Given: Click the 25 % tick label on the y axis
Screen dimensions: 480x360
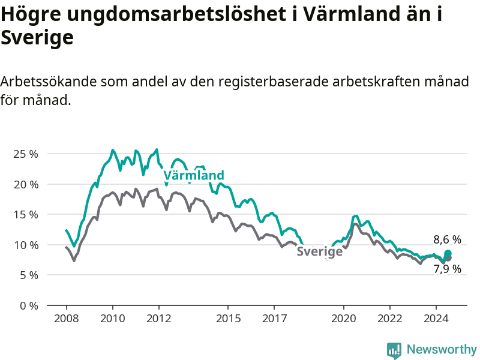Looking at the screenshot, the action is tap(26, 154).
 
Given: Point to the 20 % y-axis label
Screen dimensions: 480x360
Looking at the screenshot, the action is tap(26, 184).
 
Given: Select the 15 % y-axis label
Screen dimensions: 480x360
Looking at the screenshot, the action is tap(26, 215).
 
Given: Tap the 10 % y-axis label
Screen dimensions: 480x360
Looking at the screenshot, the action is tap(26, 245).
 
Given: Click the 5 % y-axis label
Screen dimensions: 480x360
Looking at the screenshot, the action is tap(29, 275).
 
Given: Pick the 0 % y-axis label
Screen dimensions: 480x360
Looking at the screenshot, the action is tap(29, 305).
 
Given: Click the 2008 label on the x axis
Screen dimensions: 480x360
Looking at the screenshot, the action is tap(67, 319).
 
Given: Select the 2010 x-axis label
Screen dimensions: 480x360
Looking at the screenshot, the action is tap(113, 319).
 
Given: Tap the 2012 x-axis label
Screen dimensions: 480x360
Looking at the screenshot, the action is tap(159, 319).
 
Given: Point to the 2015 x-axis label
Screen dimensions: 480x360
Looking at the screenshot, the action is tap(229, 319).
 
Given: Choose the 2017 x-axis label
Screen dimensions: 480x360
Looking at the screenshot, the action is tap(275, 319).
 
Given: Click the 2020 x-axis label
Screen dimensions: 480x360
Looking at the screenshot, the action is tap(344, 319).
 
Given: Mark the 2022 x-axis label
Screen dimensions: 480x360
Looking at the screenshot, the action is tap(390, 319).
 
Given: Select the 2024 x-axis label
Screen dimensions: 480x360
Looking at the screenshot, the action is tap(436, 319).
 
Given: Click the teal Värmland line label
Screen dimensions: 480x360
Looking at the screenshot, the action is tap(194, 175).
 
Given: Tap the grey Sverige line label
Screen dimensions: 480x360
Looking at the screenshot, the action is tap(320, 251).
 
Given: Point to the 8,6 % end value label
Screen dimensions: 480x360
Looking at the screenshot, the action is tap(447, 239).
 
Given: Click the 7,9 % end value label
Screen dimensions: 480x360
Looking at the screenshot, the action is tap(447, 269).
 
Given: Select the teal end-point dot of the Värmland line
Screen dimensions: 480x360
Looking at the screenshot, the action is tap(448, 253).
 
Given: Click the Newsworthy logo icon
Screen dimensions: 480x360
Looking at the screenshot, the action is tap(394, 350).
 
